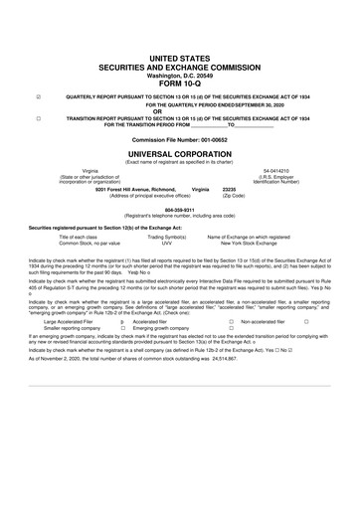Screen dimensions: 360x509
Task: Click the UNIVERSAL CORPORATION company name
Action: pyautogui.click(x=180, y=153)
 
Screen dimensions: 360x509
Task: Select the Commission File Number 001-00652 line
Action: pyautogui.click(x=180, y=140)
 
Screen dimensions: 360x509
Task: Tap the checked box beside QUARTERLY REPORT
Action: pyautogui.click(x=38, y=96)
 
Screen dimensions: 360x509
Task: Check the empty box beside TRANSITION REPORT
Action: pyautogui.click(x=38, y=117)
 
